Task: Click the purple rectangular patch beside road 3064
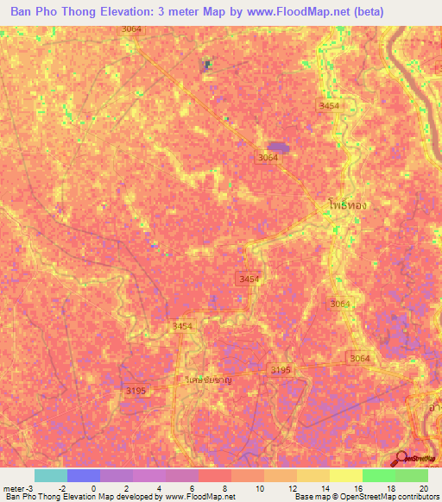[x=278, y=147]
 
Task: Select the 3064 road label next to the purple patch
[x=268, y=158]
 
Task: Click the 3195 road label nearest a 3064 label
[x=281, y=369]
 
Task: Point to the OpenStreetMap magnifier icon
[x=401, y=458]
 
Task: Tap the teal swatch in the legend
[x=50, y=475]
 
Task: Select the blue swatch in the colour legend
[x=83, y=475]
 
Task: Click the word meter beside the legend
[x=14, y=487]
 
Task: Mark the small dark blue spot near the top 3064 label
[x=206, y=64]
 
